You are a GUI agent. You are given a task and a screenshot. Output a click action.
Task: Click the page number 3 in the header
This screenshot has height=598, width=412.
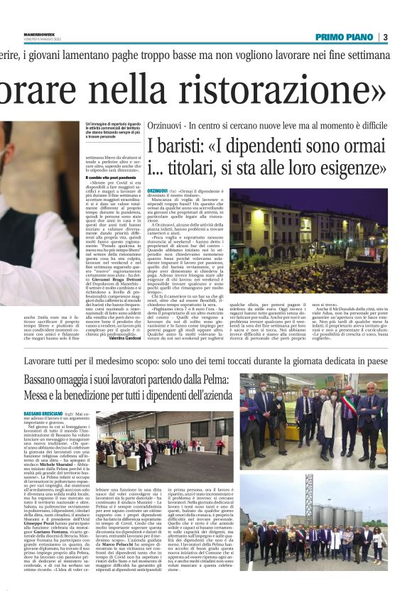[x=384, y=37]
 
